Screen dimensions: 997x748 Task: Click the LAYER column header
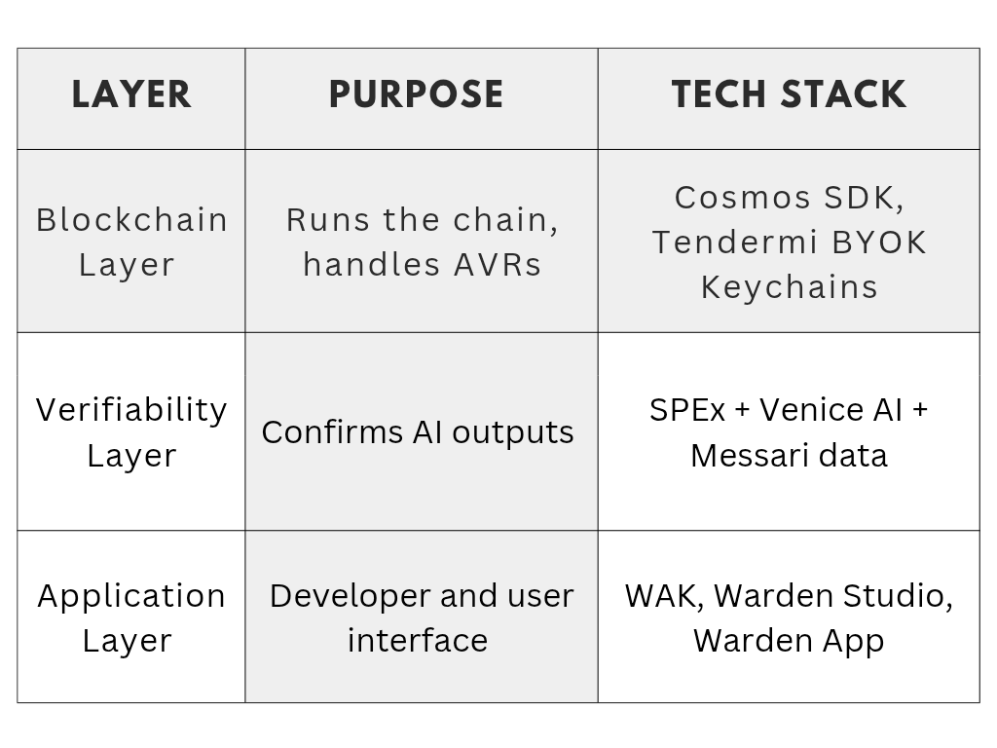[x=131, y=94]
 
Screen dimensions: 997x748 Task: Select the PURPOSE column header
[x=417, y=94]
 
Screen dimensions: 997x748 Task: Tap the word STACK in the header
[x=843, y=94]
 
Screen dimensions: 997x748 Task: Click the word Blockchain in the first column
[x=131, y=220]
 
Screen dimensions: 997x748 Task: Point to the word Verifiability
[x=131, y=410]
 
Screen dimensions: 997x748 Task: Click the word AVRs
[x=498, y=265]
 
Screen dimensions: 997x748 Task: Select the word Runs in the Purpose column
[x=327, y=221]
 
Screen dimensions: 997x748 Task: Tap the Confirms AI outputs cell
[x=418, y=432]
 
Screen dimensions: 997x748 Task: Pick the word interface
[x=418, y=641]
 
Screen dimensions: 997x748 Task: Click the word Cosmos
[x=742, y=198]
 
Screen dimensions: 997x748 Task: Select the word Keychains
[x=789, y=287]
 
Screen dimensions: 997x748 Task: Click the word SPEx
[x=687, y=410]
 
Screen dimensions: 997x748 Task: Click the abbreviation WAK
[x=664, y=597]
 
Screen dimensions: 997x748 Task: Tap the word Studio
[x=898, y=597]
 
